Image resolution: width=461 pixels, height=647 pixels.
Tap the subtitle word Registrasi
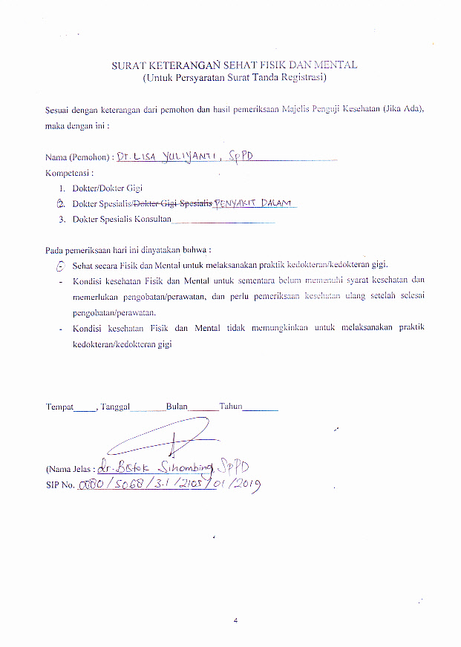click(x=301, y=77)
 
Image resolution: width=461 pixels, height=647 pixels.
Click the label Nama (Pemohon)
click(x=78, y=158)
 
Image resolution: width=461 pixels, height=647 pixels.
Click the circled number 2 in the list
click(x=62, y=203)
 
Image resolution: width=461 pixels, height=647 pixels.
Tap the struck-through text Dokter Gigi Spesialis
click(x=172, y=203)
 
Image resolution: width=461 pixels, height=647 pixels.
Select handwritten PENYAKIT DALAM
click(x=254, y=203)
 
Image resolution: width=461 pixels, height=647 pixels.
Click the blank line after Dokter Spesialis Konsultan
click(x=223, y=220)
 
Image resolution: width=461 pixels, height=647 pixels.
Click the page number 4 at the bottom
click(x=235, y=620)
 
